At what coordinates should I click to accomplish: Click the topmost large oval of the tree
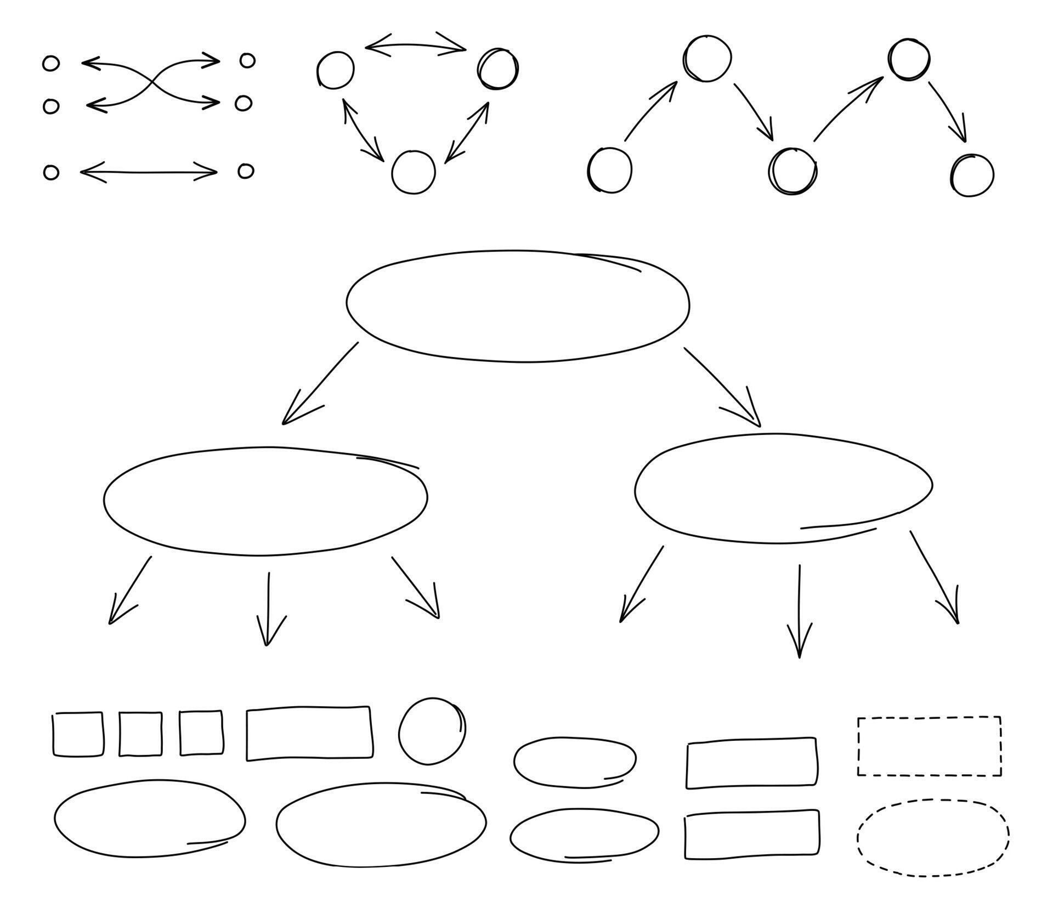click(x=518, y=306)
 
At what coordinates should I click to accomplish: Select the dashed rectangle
click(x=929, y=746)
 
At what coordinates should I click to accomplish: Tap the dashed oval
click(x=932, y=837)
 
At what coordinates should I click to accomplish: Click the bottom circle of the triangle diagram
click(x=414, y=172)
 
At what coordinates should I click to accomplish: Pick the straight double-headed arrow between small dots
click(x=149, y=172)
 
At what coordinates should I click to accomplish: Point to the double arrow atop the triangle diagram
click(x=415, y=46)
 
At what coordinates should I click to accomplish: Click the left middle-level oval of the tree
click(x=265, y=501)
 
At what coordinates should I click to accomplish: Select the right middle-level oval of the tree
click(x=783, y=489)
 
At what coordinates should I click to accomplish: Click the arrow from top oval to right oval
click(x=723, y=387)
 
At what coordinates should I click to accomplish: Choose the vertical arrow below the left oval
click(x=268, y=609)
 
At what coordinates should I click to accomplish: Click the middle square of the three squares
click(x=140, y=734)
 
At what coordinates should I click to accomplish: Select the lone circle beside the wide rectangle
click(x=432, y=731)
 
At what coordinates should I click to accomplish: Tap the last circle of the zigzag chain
click(x=972, y=175)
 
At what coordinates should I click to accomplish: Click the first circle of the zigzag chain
click(x=609, y=170)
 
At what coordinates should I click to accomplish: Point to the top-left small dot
click(x=51, y=64)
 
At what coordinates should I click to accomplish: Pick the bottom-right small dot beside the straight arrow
click(x=246, y=171)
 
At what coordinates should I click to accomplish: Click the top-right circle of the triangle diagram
click(x=497, y=69)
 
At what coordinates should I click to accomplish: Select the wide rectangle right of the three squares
click(x=309, y=734)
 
